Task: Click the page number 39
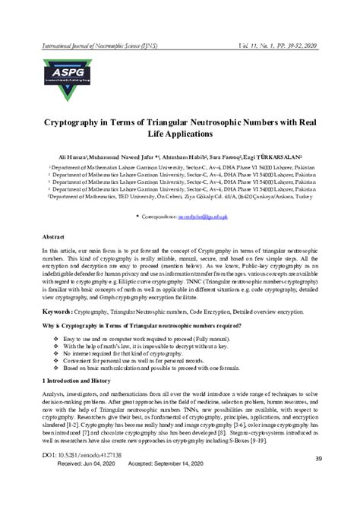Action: point(319,457)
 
